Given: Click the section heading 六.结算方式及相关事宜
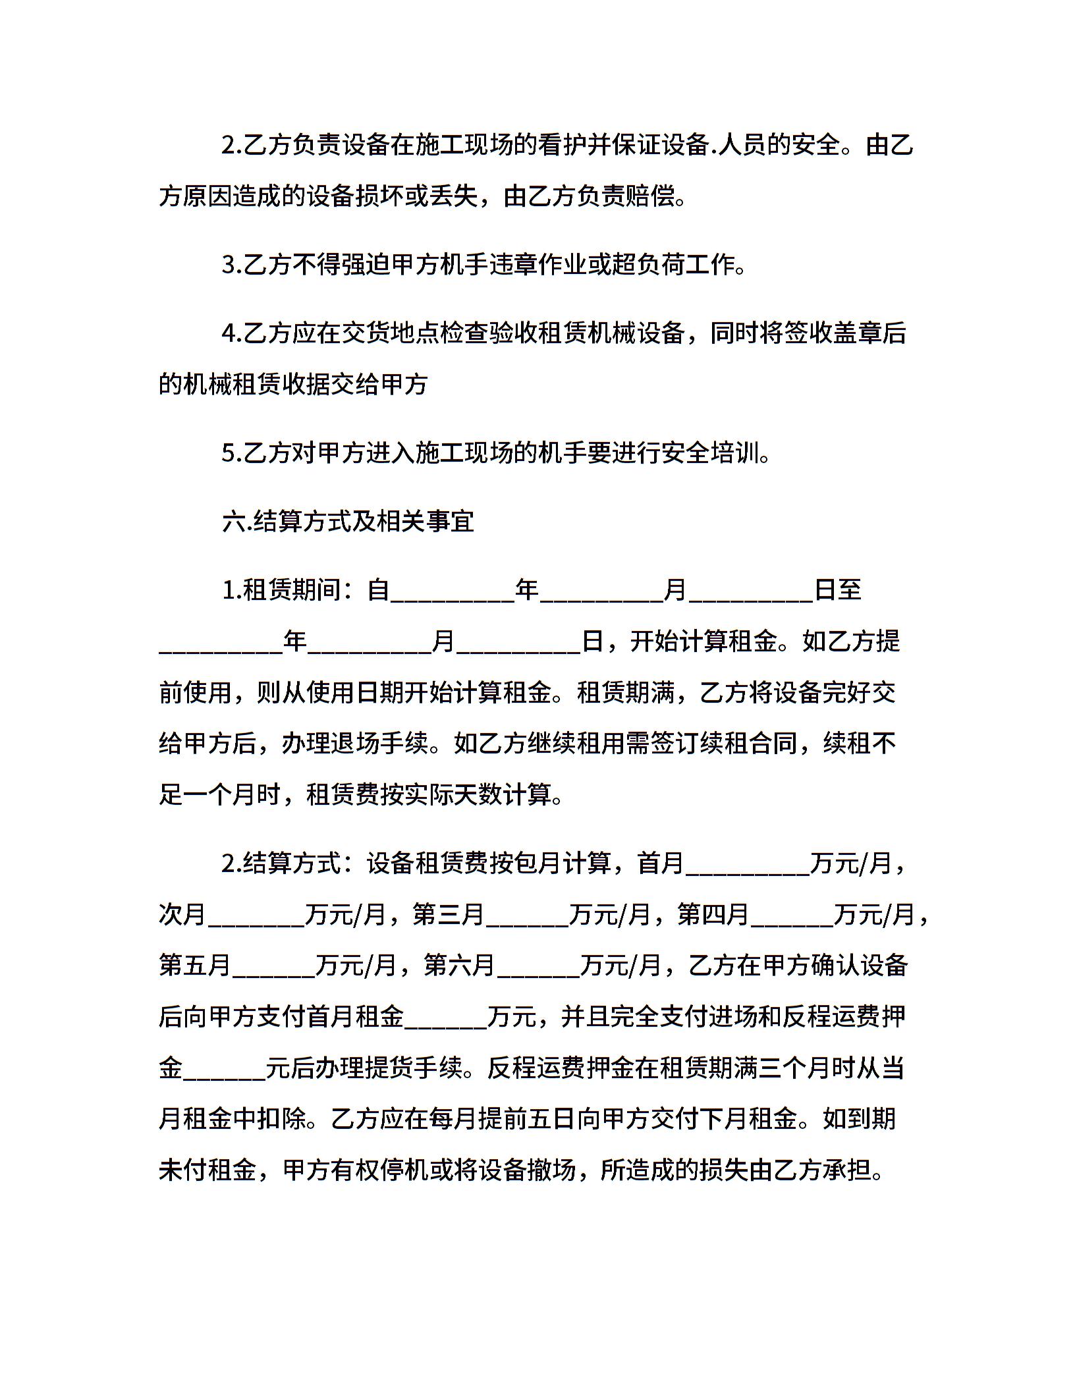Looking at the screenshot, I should (348, 522).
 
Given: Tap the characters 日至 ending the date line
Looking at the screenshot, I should (838, 589).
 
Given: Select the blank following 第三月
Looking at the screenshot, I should (527, 915).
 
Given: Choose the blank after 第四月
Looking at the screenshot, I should (792, 915).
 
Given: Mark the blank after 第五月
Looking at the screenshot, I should (273, 966).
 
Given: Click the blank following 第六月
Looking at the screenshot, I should (539, 966).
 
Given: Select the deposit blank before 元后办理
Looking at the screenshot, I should (224, 1068).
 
